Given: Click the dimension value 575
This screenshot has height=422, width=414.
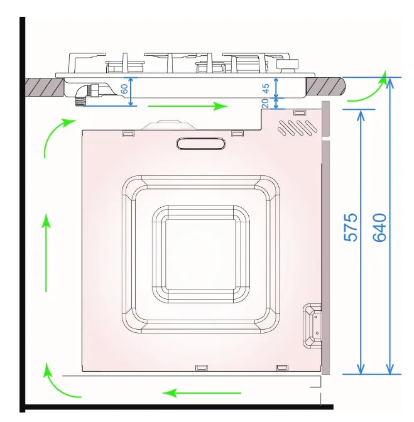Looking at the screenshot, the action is click(351, 227).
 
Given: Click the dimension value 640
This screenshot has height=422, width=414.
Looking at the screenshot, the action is click(379, 227).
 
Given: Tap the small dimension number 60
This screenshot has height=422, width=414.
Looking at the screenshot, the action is click(124, 89).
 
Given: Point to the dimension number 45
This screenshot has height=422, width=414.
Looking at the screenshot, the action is click(266, 89).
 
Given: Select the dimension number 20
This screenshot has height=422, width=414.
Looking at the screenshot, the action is click(265, 103).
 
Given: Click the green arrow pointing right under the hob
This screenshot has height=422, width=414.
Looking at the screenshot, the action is click(188, 106).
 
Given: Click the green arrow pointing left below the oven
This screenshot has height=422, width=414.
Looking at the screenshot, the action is click(202, 393).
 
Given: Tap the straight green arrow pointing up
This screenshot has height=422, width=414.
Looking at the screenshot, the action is click(46, 252).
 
